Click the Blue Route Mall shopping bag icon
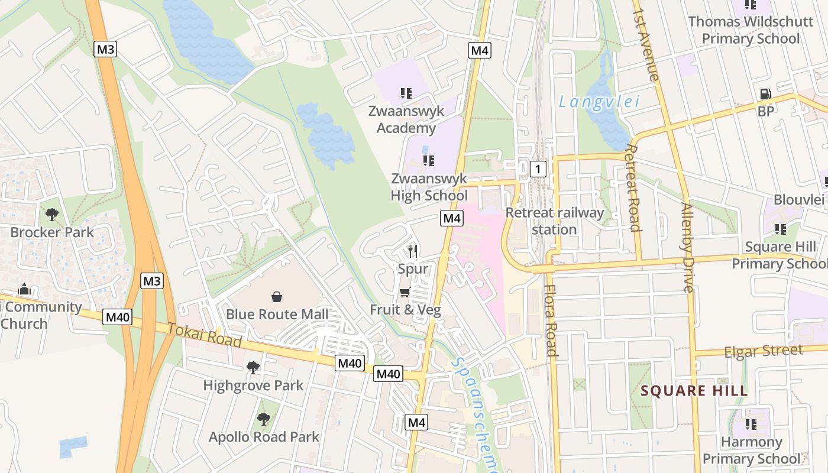[276, 296]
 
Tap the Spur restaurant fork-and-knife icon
[413, 251]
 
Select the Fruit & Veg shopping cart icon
[405, 292]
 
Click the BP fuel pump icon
[765, 94]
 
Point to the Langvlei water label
[599, 102]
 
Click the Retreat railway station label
[555, 221]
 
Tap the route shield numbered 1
[538, 170]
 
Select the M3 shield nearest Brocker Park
[152, 281]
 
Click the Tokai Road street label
[205, 335]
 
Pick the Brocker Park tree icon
[52, 215]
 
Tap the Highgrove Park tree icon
[253, 368]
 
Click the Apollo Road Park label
[264, 437]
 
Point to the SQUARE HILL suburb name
[694, 391]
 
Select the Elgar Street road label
[764, 351]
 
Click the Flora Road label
[551, 321]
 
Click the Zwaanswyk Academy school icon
[406, 93]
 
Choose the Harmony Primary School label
[751, 450]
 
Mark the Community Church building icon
[24, 289]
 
